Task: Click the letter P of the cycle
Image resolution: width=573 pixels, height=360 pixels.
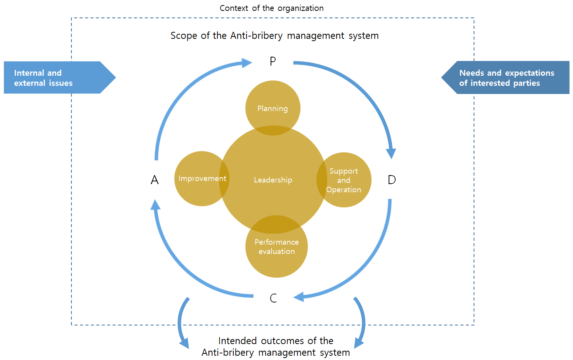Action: click(x=273, y=61)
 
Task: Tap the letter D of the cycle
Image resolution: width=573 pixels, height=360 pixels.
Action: click(x=392, y=180)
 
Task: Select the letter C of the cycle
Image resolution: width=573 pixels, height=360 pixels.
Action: click(x=273, y=298)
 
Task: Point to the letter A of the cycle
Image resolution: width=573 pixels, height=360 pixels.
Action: click(x=155, y=180)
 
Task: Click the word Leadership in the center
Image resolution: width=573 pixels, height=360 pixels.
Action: click(x=273, y=180)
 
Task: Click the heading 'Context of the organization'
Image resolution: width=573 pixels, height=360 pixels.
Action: click(x=271, y=8)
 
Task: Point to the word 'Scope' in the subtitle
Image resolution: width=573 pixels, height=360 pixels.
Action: click(x=184, y=36)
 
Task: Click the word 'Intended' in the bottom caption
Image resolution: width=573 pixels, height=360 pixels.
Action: click(x=237, y=341)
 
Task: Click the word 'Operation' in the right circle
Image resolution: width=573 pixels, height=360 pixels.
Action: click(x=344, y=190)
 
